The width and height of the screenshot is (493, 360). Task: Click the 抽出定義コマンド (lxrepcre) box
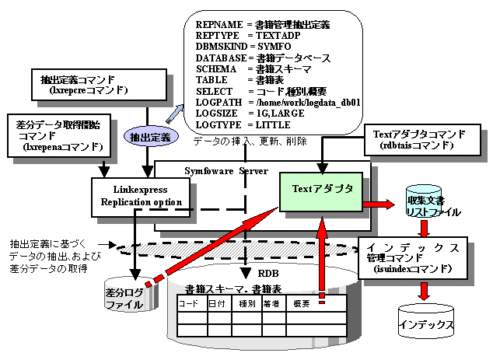click(x=95, y=86)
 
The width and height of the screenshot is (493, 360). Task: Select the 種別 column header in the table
click(x=247, y=302)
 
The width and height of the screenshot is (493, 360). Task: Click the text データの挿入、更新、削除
click(x=249, y=142)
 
